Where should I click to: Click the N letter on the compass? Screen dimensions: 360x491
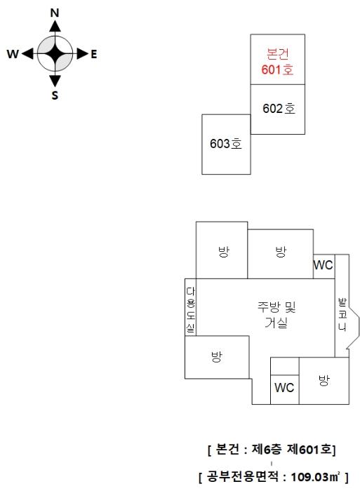pos(55,13)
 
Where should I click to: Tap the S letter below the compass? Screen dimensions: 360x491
pos(55,95)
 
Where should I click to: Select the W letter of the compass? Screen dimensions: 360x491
pos(13,54)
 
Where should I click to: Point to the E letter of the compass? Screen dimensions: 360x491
pos(93,55)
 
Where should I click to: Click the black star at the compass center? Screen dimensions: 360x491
pos(55,54)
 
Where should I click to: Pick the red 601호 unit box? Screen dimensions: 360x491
pos(278,59)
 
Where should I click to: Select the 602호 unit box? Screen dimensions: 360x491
pos(278,109)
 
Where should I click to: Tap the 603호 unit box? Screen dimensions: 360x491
pos(226,144)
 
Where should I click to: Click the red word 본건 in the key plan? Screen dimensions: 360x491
pos(278,54)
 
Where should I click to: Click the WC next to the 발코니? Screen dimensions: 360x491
pos(324,265)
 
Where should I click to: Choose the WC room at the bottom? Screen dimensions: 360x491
pos(284,388)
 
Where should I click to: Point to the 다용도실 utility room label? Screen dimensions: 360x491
pos(190,310)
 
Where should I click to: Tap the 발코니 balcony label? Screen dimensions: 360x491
pos(342,314)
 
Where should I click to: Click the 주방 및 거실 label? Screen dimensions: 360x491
pos(276,315)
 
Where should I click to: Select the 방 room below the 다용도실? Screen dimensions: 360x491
pos(217,356)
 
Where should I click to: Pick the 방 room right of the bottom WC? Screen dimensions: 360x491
pos(324,380)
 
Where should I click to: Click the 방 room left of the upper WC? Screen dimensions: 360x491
pos(281,254)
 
